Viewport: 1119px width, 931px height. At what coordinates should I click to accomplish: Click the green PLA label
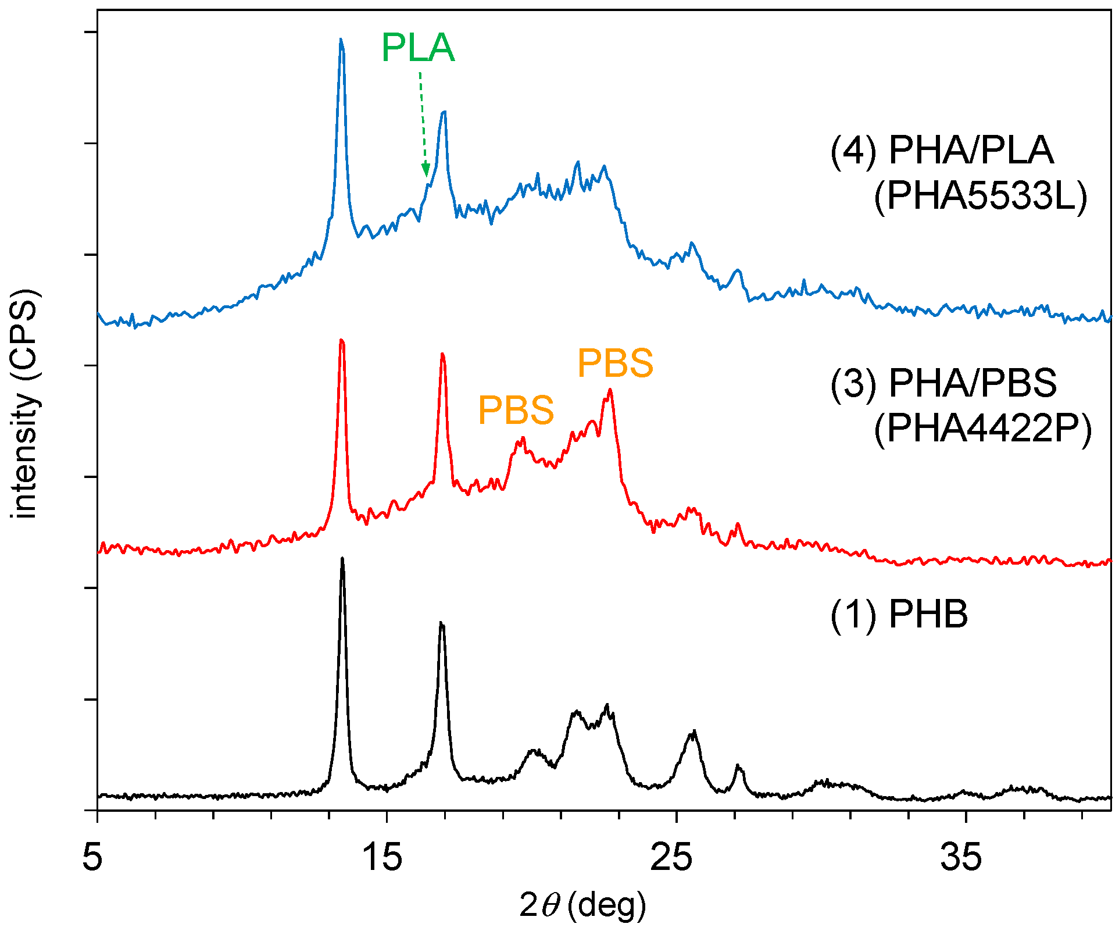[x=417, y=48]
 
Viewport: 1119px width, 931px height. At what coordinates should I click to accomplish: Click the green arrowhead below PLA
[x=426, y=170]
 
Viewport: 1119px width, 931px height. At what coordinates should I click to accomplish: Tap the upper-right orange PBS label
[x=615, y=363]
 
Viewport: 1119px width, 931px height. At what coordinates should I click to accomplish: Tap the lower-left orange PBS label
[x=516, y=410]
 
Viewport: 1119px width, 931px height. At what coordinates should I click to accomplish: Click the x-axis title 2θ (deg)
[x=582, y=905]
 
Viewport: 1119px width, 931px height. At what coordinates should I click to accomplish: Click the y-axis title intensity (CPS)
[x=24, y=403]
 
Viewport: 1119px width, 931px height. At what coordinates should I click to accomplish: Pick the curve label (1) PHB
[x=899, y=614]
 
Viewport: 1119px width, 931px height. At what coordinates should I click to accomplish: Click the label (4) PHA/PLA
[x=942, y=151]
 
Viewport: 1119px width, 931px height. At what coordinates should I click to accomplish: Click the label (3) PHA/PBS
[x=943, y=383]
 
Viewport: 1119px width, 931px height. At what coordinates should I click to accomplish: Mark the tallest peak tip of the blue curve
[x=341, y=40]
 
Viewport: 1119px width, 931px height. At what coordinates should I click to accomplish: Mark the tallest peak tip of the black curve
[x=342, y=558]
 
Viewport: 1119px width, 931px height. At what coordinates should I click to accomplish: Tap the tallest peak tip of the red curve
[x=341, y=340]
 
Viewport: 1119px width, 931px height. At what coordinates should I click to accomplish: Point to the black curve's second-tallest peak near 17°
[x=441, y=623]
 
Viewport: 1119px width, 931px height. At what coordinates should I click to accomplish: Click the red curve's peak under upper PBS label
[x=609, y=390]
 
